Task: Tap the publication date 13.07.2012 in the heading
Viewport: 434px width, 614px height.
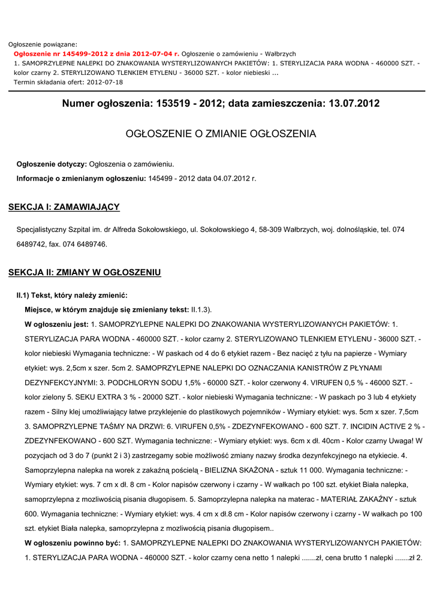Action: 354,104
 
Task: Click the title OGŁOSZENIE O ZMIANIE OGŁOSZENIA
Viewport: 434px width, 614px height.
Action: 221,134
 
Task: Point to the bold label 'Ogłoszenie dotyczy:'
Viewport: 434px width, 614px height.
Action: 52,164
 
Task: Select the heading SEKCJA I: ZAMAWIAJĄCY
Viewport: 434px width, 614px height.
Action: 64,207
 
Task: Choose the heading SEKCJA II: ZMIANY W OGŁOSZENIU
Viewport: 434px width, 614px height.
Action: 85,272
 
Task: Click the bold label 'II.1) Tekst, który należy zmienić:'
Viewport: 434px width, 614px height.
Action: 72,295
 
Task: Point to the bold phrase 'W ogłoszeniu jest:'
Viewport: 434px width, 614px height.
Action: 56,324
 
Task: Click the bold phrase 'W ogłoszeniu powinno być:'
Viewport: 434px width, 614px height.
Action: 73,543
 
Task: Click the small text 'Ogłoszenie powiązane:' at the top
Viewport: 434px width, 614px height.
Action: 43,44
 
